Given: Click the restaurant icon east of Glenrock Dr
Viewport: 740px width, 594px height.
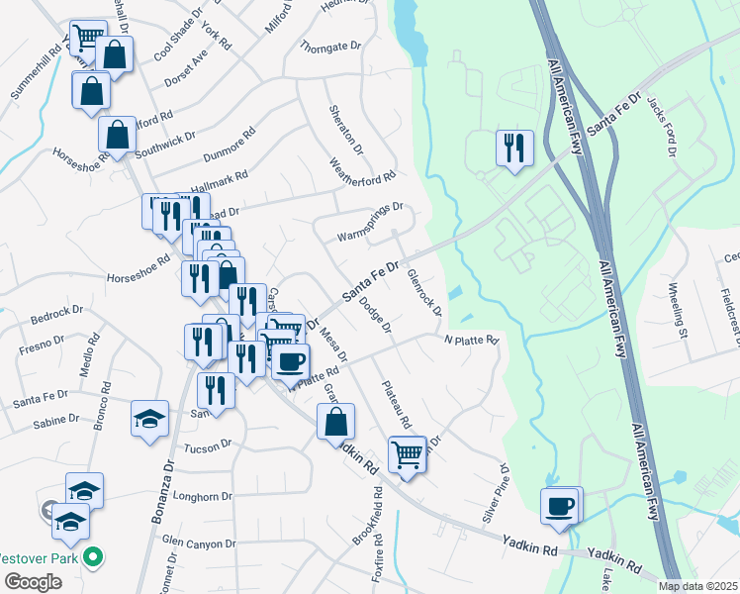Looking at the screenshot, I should tap(514, 148).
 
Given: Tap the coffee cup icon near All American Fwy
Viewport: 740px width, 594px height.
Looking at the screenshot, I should tap(560, 506).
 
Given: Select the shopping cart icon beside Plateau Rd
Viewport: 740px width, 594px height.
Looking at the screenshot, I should tap(407, 454).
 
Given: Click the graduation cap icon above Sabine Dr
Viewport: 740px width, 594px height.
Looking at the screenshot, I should tap(149, 418).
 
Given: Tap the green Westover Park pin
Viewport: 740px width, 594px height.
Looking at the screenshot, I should tap(94, 557).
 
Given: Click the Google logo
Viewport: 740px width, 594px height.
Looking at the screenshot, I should tap(33, 582).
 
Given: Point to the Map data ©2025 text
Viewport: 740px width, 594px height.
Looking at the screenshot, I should tap(696, 586).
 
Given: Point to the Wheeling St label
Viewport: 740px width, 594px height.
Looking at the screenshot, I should tap(677, 311).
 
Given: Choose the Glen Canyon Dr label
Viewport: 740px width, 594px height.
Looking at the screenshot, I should tap(200, 543).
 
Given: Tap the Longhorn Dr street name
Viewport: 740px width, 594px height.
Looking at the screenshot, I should tap(203, 496).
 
